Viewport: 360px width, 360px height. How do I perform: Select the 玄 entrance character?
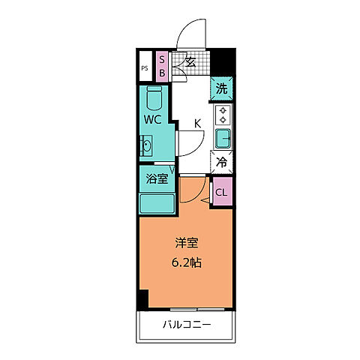(190, 63)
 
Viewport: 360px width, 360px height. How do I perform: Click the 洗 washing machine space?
(221, 88)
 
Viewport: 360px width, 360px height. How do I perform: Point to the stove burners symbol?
(223, 115)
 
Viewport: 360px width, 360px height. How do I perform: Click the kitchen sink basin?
(223, 138)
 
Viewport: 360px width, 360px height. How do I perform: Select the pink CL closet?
(221, 192)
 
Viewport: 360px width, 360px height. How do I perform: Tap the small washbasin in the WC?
(145, 145)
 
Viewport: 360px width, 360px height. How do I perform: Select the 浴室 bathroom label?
(156, 178)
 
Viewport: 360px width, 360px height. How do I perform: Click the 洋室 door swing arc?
(193, 192)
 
